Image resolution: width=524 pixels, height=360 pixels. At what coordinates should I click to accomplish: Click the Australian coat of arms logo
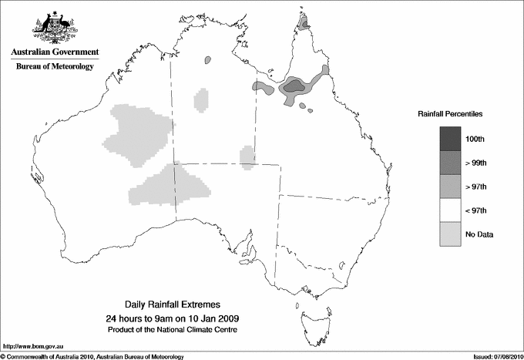coord(54,28)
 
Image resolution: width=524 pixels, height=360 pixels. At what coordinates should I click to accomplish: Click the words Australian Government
coord(54,52)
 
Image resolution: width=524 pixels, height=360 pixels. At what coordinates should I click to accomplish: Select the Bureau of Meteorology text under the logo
coord(54,66)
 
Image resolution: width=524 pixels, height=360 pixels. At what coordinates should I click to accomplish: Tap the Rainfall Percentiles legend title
coord(450,113)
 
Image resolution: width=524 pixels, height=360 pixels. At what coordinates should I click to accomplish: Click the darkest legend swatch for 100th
coord(451,138)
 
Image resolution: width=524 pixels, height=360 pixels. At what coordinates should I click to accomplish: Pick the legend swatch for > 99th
coord(451,162)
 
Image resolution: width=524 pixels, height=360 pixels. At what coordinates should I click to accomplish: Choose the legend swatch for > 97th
coord(451,186)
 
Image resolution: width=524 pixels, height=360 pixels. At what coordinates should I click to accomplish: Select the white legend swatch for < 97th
coord(451,210)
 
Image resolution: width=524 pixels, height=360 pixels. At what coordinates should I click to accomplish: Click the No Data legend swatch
coord(451,234)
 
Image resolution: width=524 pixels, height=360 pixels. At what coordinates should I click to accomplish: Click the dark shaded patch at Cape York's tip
coord(305,24)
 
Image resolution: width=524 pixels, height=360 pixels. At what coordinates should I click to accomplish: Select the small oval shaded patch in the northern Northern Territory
coord(207,60)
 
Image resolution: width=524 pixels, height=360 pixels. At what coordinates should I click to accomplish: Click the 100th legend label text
coord(475,139)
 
